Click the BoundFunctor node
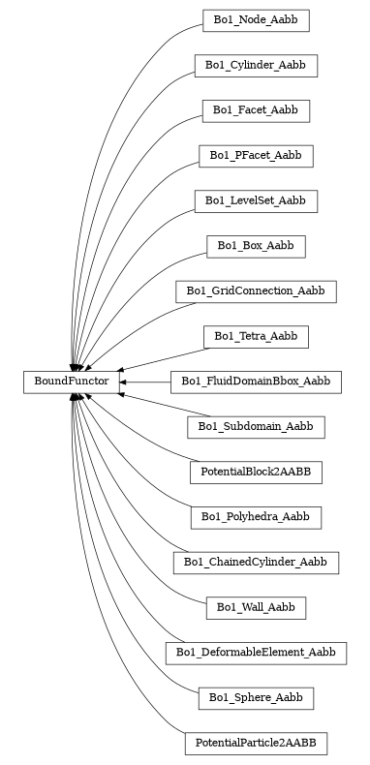tap(71, 382)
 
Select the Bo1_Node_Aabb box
tap(256, 20)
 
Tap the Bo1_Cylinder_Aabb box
tap(256, 65)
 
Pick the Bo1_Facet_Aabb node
tap(256, 110)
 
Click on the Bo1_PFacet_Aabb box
tap(256, 155)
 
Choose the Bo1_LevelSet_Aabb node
tap(256, 200)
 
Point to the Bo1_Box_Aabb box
tap(256, 246)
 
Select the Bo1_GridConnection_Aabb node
tap(256, 291)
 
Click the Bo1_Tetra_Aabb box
tap(256, 336)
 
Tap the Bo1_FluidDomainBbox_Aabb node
tap(256, 382)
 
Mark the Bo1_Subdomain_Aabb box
tap(256, 427)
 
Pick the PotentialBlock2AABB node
tap(256, 473)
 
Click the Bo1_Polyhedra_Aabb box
tap(256, 517)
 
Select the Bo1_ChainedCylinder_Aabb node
tap(256, 563)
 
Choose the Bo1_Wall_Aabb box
tap(256, 608)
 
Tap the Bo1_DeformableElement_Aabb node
tap(256, 653)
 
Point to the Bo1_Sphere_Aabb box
tap(256, 698)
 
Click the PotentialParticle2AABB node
tap(256, 744)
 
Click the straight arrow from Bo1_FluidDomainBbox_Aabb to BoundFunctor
tap(145, 382)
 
